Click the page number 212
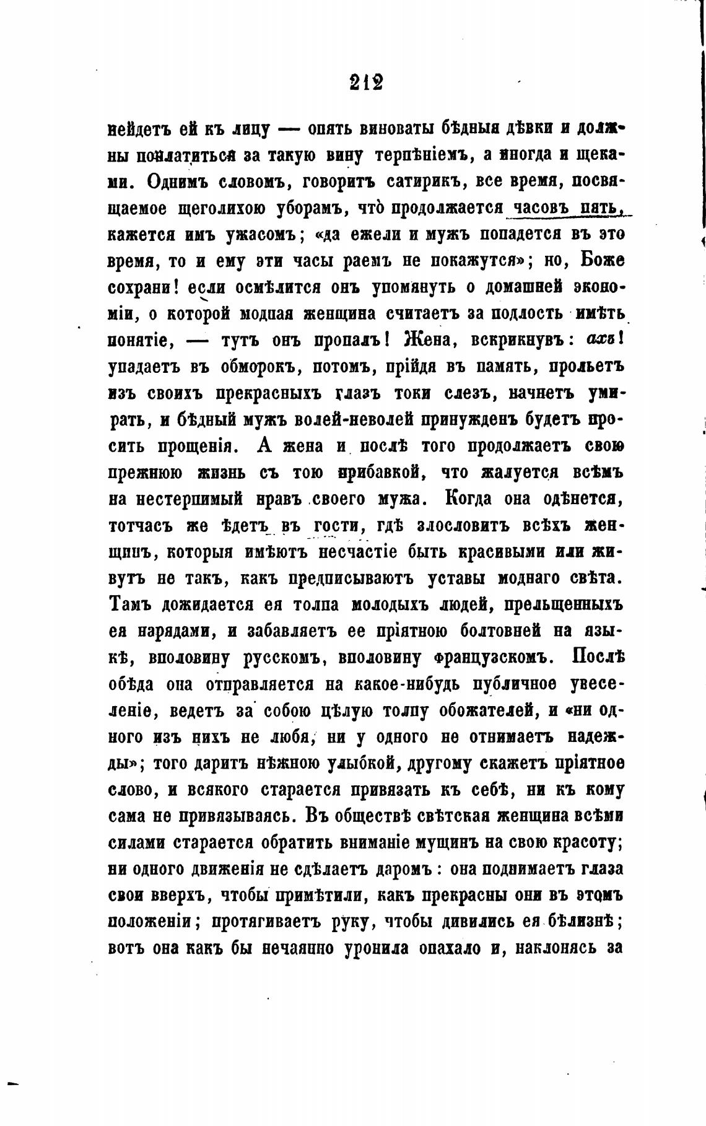[x=365, y=82]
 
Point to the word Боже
[x=600, y=261]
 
